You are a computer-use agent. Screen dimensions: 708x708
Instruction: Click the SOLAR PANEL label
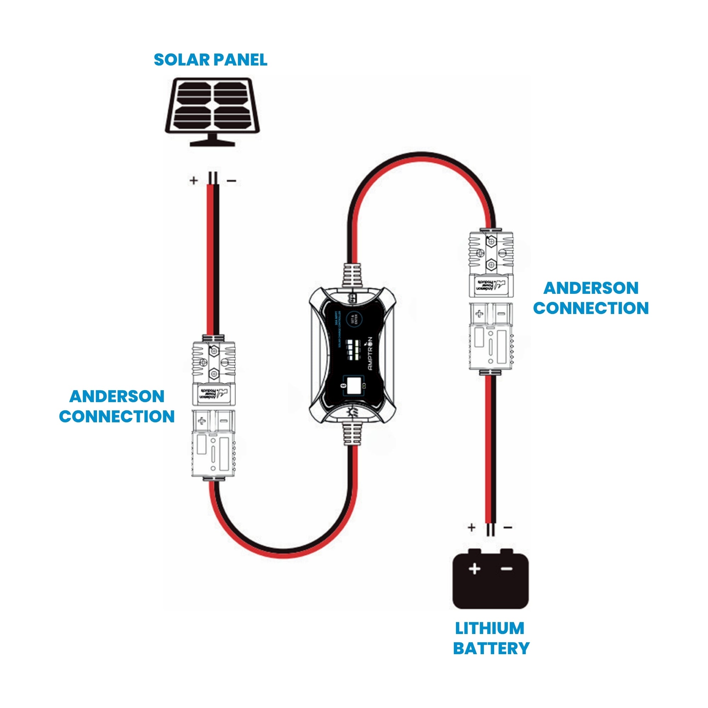point(210,60)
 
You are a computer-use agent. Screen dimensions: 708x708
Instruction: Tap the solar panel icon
point(212,110)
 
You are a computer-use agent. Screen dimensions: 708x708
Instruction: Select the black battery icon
point(490,580)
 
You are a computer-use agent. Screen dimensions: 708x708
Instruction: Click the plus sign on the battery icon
point(475,569)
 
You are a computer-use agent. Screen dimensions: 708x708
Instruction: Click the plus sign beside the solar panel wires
point(194,180)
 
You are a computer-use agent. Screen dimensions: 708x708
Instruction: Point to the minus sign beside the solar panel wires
point(232,181)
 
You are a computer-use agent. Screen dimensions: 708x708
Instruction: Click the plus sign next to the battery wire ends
point(472,527)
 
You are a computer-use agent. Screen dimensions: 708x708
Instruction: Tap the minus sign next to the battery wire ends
point(508,527)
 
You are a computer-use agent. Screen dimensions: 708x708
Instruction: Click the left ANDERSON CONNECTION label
point(116,406)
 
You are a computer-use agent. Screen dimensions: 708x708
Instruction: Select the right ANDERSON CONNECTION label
point(590,298)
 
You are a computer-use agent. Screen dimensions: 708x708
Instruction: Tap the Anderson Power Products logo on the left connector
point(213,394)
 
